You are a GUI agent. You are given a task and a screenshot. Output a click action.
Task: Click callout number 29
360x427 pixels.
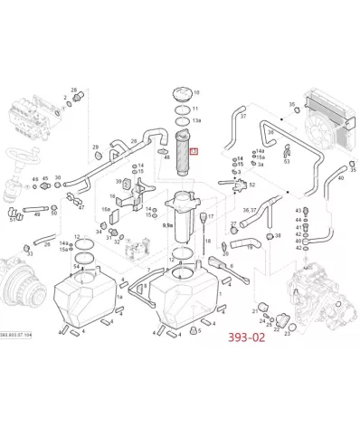pyautogui.click(x=95, y=147)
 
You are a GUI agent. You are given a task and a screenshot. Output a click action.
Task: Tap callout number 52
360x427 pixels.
pyautogui.click(x=252, y=185)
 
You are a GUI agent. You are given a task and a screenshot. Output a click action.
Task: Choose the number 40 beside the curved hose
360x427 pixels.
pyautogui.click(x=340, y=179)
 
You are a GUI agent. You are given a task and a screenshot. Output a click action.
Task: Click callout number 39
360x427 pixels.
pyautogui.click(x=118, y=183)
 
